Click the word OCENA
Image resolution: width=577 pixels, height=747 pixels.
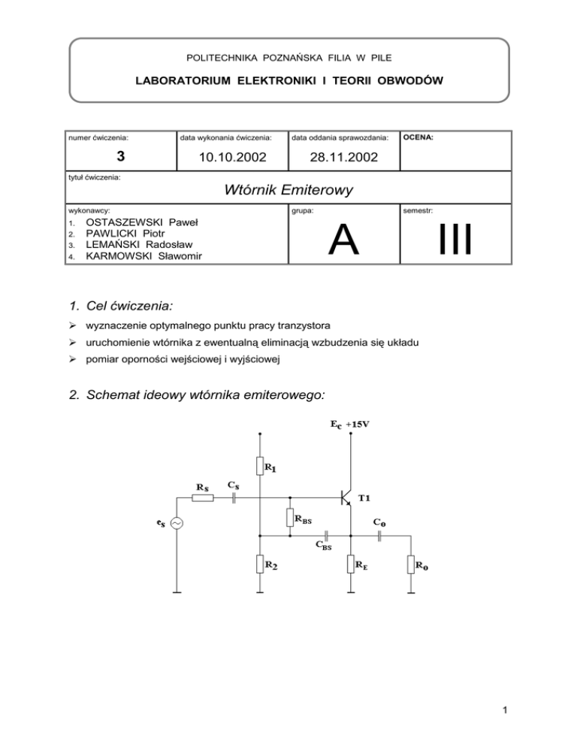[418, 138]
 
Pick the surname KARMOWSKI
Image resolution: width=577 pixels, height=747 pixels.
[123, 257]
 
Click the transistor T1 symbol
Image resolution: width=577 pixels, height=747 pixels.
[346, 497]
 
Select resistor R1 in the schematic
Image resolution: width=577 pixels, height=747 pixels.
[259, 467]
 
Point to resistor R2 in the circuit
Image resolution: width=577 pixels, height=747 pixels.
[259, 562]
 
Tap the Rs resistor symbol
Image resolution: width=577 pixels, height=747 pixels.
[203, 497]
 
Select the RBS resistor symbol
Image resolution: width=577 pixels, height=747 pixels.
[290, 518]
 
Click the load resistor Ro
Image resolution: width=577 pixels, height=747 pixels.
[411, 564]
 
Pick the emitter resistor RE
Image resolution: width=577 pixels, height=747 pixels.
[351, 564]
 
